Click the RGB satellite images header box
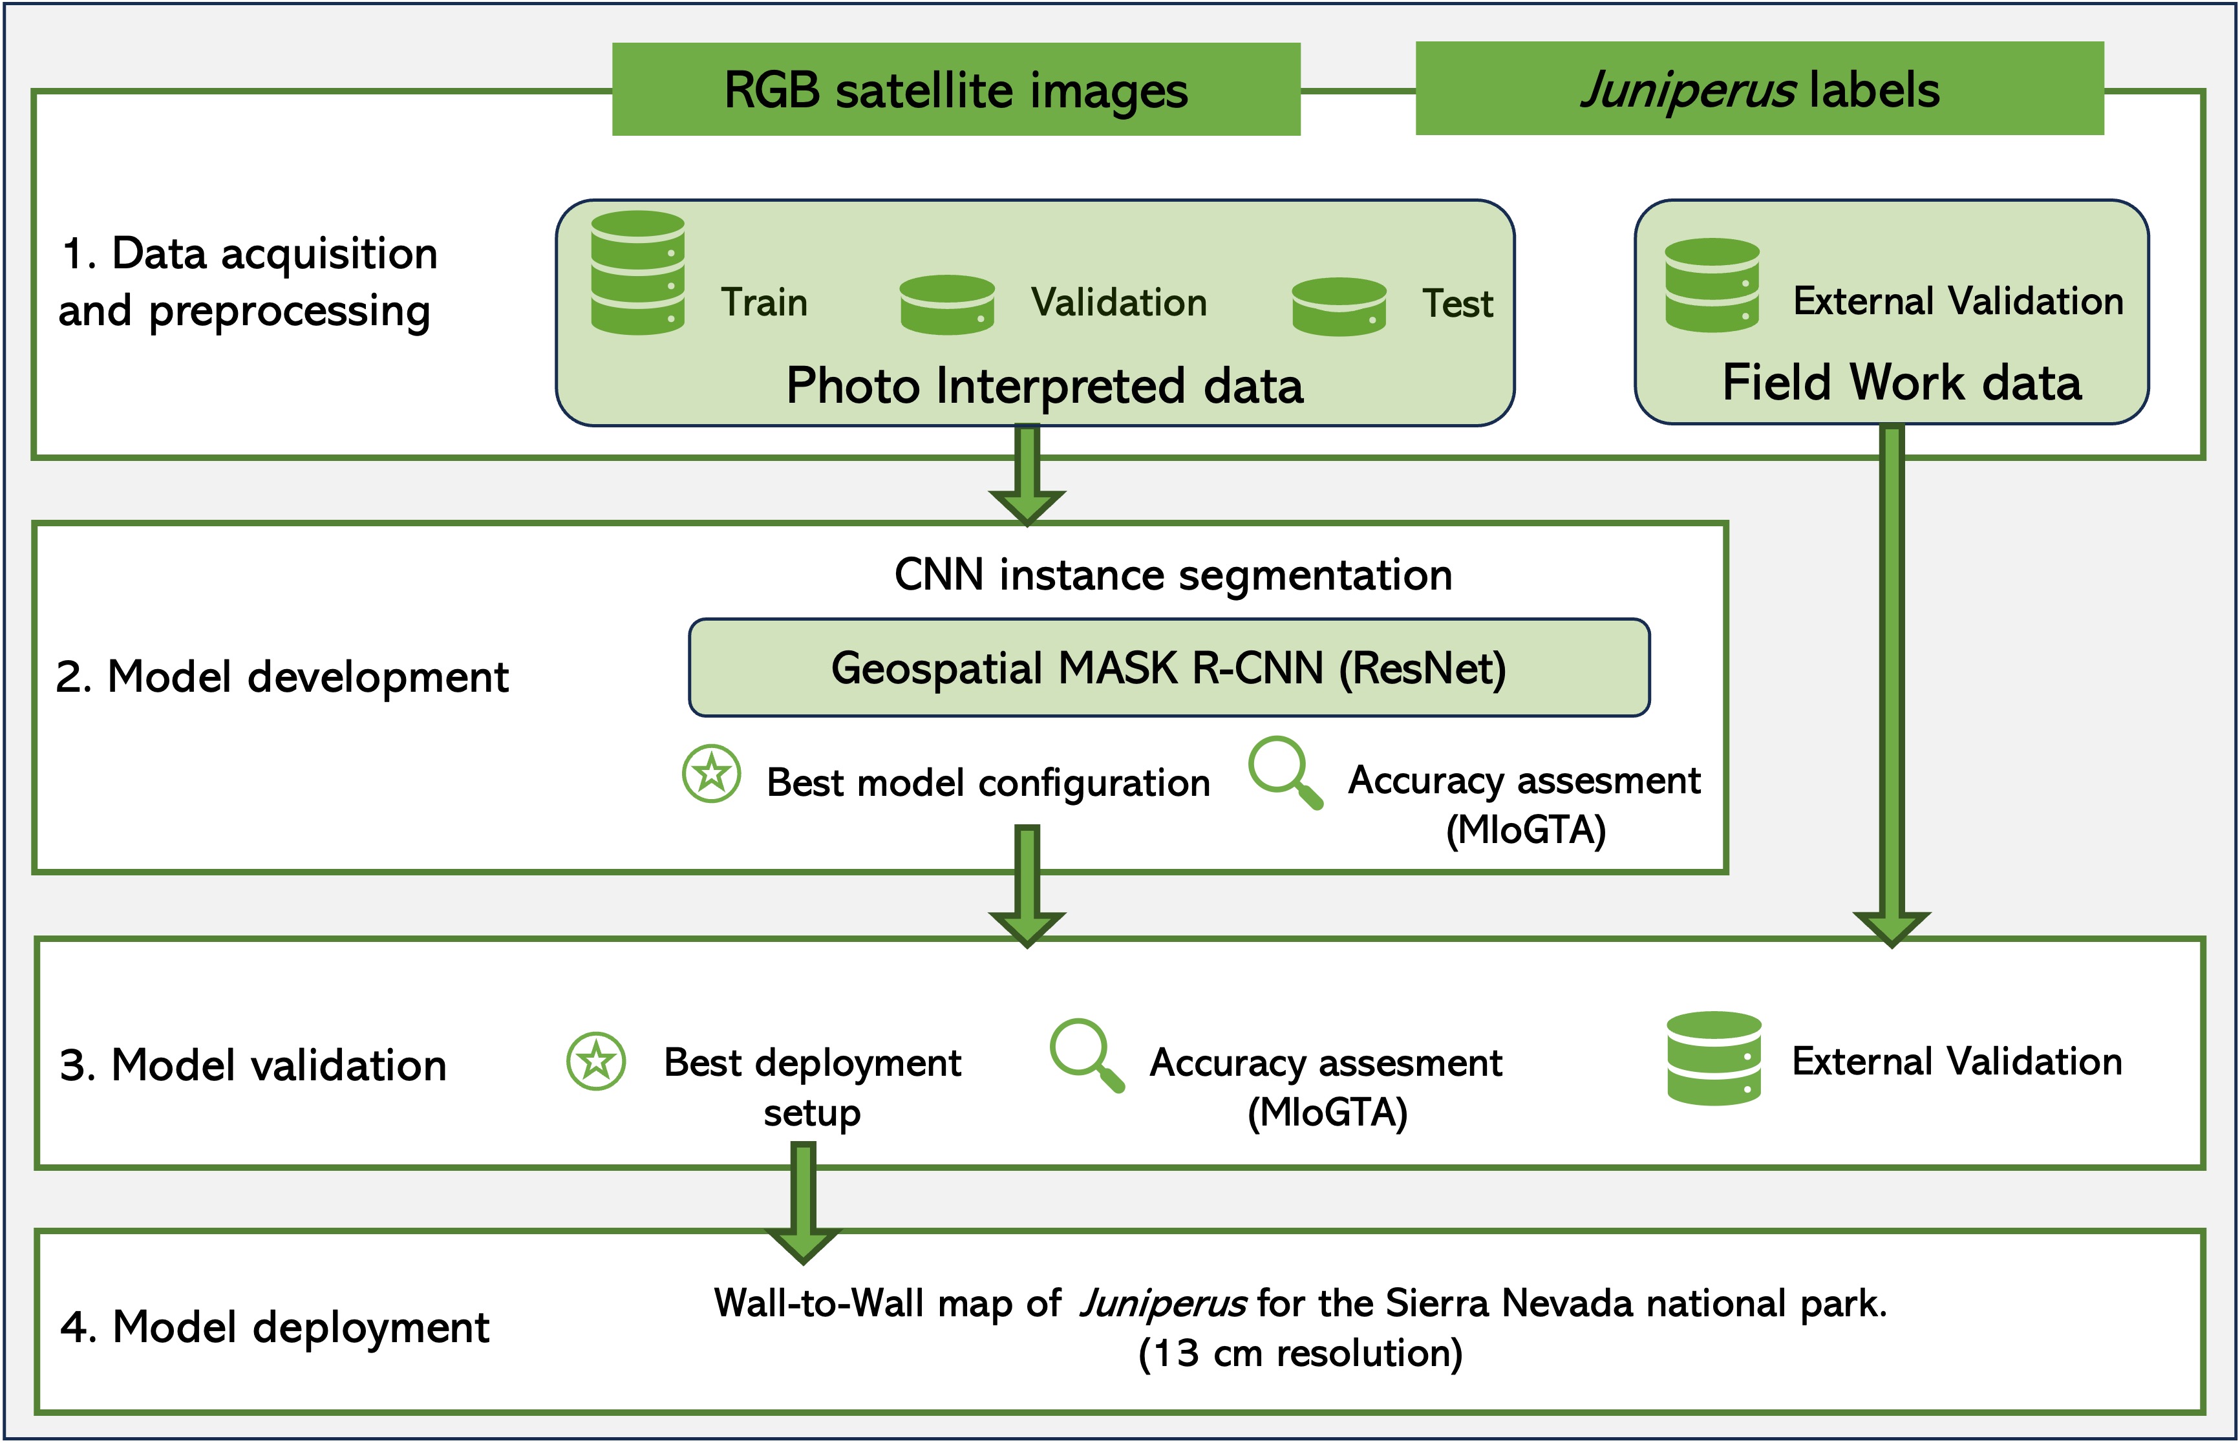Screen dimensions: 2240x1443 [x=955, y=89]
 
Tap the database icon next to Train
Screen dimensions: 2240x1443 [x=638, y=273]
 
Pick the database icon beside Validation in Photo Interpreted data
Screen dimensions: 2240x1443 [x=947, y=305]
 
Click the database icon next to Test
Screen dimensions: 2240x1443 [x=1339, y=306]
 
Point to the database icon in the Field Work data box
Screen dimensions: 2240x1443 [x=1712, y=285]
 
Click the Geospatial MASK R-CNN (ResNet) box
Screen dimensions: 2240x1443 [x=1169, y=668]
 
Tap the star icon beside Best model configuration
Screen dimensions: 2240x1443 [x=712, y=774]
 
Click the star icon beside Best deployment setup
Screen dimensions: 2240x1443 [x=596, y=1062]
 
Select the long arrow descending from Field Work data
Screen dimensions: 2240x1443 [x=1892, y=686]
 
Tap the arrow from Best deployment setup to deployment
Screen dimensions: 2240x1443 [x=803, y=1203]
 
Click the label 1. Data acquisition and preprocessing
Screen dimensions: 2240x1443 [x=248, y=281]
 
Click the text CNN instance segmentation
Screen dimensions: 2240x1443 [x=1173, y=574]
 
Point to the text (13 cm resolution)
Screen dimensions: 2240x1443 [x=1300, y=1354]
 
